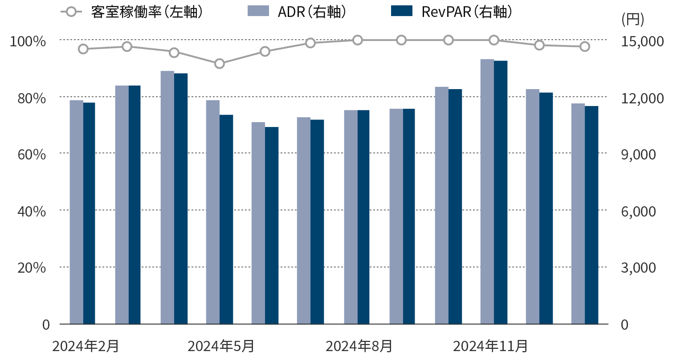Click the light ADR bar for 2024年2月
pyautogui.click(x=76, y=212)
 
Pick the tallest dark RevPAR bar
pyautogui.click(x=501, y=192)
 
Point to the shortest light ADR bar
pyautogui.click(x=258, y=223)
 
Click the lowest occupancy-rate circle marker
pyautogui.click(x=220, y=64)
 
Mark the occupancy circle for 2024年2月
pyautogui.click(x=83, y=49)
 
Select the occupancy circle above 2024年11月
pyautogui.click(x=494, y=40)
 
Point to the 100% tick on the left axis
pyautogui.click(x=28, y=41)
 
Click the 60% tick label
pyautogui.click(x=32, y=154)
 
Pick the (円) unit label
pyautogui.click(x=632, y=20)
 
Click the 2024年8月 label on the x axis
pyautogui.click(x=359, y=346)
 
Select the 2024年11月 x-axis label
pyautogui.click(x=490, y=346)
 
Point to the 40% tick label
pyautogui.click(x=32, y=211)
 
